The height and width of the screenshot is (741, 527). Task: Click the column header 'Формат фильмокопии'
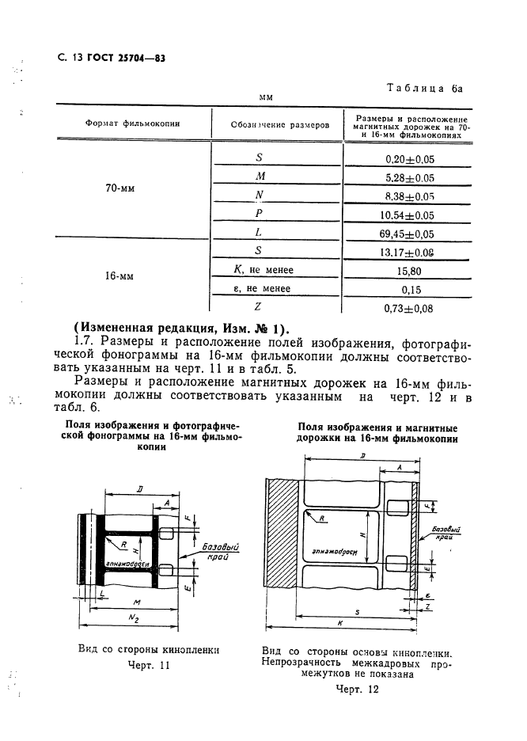pos(134,124)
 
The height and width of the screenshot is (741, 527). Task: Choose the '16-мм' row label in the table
pos(118,278)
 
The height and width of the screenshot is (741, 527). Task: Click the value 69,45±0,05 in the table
pos(409,235)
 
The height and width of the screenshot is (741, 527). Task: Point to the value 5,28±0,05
pos(409,178)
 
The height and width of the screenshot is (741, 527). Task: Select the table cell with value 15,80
pos(409,271)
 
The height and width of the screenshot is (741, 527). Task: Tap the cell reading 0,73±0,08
pos(409,309)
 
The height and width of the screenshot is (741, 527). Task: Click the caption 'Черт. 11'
pos(149,666)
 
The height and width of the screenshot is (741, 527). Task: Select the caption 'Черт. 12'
pos(357,690)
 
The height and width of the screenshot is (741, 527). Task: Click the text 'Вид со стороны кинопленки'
pos(148,649)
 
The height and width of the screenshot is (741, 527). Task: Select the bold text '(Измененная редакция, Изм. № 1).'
pos(181,330)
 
